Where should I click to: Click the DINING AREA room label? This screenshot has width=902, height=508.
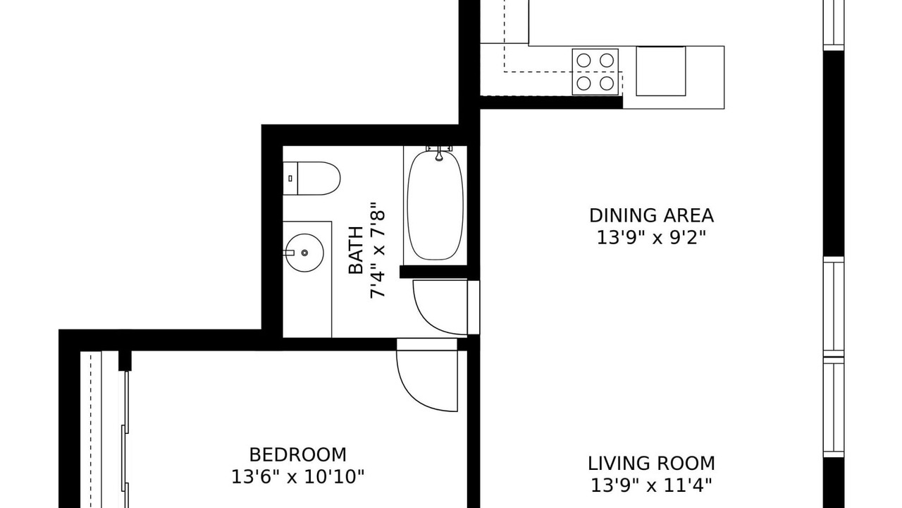point(651,216)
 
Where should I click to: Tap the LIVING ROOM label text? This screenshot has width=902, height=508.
point(651,464)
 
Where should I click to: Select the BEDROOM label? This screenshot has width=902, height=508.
point(297,455)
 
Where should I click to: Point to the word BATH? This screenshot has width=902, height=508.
point(356,250)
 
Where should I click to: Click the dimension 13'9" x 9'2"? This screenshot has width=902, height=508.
point(651,238)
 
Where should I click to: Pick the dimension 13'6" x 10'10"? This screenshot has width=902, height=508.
point(297,477)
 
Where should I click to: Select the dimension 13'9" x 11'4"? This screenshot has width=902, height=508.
point(651,485)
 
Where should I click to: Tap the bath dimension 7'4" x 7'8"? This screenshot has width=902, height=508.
point(378,250)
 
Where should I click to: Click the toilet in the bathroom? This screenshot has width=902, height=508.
point(311,179)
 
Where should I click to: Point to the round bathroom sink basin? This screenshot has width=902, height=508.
point(304,253)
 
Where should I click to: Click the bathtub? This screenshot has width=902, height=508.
point(435,205)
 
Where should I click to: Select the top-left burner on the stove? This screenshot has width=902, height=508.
point(584,61)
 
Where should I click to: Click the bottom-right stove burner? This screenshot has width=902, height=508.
point(607,83)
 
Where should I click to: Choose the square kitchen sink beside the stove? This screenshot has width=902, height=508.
point(661,71)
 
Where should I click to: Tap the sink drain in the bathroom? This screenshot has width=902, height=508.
point(305,253)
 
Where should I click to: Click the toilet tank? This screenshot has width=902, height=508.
point(290,179)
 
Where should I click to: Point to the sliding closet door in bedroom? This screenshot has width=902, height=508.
point(125,440)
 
